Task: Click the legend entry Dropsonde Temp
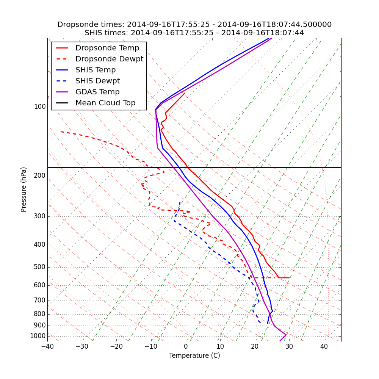(107, 48)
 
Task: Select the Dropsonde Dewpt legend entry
(109, 59)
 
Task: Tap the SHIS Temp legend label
(96, 70)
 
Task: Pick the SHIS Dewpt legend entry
(97, 81)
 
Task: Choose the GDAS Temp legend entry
(97, 92)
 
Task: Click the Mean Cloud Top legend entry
(105, 103)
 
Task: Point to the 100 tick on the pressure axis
(39, 107)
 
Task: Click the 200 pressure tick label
(39, 176)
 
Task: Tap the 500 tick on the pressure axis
(39, 267)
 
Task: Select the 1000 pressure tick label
(38, 336)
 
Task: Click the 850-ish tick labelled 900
(39, 326)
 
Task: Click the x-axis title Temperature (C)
(194, 356)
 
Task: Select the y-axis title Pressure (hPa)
(24, 189)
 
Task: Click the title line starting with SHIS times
(194, 33)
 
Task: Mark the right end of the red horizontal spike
(289, 278)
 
